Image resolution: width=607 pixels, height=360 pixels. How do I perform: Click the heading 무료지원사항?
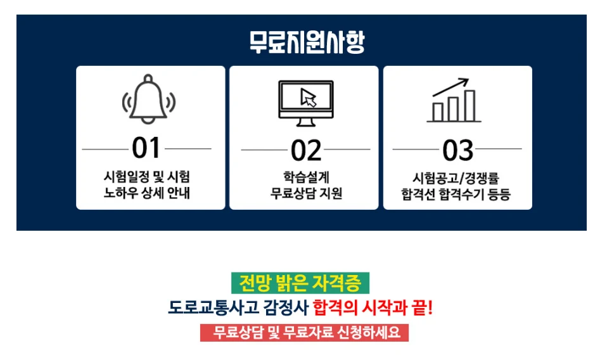coord(307,42)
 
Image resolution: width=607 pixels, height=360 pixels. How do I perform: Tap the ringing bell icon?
coord(149,99)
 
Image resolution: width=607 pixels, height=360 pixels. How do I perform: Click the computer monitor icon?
coord(306,103)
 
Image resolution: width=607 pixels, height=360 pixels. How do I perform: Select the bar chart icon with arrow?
coord(454,100)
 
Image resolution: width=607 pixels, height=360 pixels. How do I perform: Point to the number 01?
coord(146,148)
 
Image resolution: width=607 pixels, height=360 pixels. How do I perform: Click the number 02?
coord(306,150)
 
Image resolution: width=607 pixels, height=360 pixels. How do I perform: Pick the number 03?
coord(457,150)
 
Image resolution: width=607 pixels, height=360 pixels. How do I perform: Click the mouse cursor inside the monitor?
coord(309,98)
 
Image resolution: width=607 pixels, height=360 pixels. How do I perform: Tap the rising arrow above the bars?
coord(450,87)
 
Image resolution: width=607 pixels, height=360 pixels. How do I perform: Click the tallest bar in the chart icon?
coord(470,106)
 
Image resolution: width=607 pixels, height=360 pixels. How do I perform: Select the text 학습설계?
coord(306,177)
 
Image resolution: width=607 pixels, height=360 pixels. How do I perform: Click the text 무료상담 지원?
coord(306,193)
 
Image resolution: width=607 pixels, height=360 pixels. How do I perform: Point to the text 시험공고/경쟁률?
coord(456,178)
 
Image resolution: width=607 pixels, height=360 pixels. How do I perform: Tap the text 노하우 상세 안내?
coord(147,193)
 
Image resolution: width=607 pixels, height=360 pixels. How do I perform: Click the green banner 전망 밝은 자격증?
coord(300,283)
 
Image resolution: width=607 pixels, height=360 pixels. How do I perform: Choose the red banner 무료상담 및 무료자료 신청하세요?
coord(304,333)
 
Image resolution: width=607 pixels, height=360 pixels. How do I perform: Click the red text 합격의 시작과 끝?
coord(373,308)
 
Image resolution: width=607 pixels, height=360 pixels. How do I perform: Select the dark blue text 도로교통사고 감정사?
coord(238,308)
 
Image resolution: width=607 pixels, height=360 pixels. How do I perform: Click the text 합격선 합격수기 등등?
coord(456,194)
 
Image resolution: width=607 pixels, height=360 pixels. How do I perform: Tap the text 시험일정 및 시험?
coord(147,177)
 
